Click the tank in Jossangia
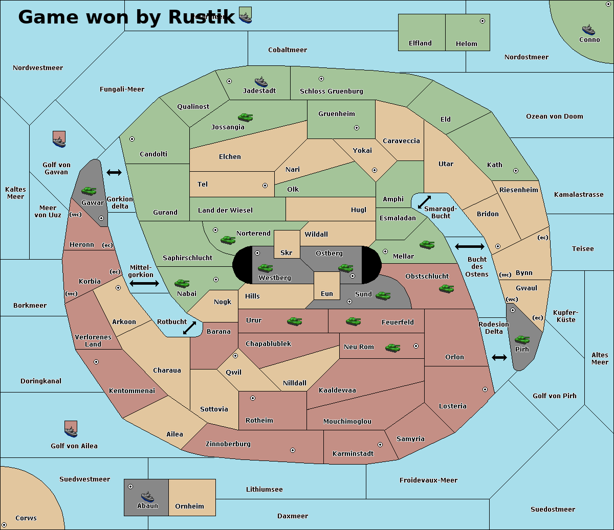pyautogui.click(x=245, y=118)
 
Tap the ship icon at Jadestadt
pyautogui.click(x=261, y=82)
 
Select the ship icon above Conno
pyautogui.click(x=588, y=30)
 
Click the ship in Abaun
pyautogui.click(x=147, y=496)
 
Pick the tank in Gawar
pyautogui.click(x=89, y=191)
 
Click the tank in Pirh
pyautogui.click(x=522, y=340)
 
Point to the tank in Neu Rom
pyautogui.click(x=392, y=348)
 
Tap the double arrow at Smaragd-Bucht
pyautogui.click(x=424, y=202)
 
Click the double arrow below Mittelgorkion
pyautogui.click(x=144, y=283)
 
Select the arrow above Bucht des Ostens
pyautogui.click(x=469, y=247)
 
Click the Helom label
pyautogui.click(x=466, y=44)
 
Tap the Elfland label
pyautogui.click(x=420, y=43)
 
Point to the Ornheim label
pyautogui.click(x=189, y=506)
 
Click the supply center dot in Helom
pyautogui.click(x=482, y=21)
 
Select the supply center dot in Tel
pyautogui.click(x=265, y=186)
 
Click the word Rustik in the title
pyautogui.click(x=202, y=17)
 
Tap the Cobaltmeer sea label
pyautogui.click(x=288, y=50)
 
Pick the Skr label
pyautogui.click(x=286, y=253)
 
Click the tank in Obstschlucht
pyautogui.click(x=446, y=289)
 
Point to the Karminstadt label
pyautogui.click(x=353, y=454)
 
